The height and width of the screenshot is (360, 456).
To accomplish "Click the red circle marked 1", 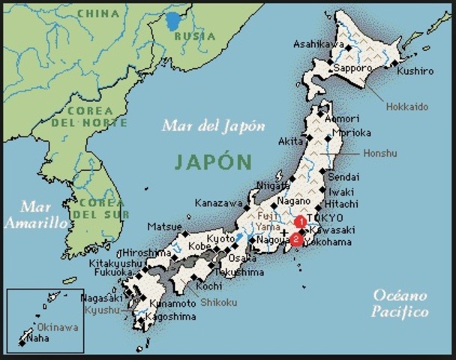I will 300,221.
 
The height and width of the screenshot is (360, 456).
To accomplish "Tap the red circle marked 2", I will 296,240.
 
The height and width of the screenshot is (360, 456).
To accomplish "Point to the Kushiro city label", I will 415,71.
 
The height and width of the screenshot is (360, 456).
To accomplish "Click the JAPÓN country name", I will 214,161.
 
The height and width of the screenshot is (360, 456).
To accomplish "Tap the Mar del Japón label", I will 214,126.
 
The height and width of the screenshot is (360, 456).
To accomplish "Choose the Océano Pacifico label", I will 400,303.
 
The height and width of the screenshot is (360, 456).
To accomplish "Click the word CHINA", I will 98,13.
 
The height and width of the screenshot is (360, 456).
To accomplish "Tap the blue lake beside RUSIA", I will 174,21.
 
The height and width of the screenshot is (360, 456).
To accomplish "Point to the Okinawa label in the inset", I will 59,327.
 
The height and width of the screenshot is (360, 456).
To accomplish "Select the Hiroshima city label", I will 149,252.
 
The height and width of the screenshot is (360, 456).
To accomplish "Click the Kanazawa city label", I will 218,203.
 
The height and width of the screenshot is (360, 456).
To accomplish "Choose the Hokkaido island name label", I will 407,106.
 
